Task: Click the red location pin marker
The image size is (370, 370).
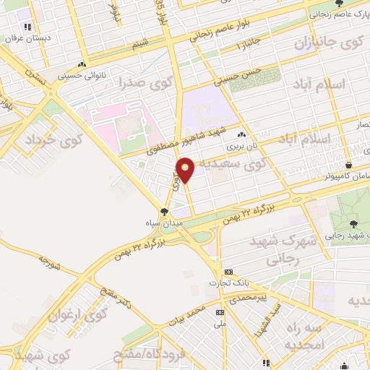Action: (x=186, y=168)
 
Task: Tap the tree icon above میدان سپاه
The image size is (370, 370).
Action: (x=165, y=211)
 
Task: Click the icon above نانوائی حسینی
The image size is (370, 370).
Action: (x=85, y=64)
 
